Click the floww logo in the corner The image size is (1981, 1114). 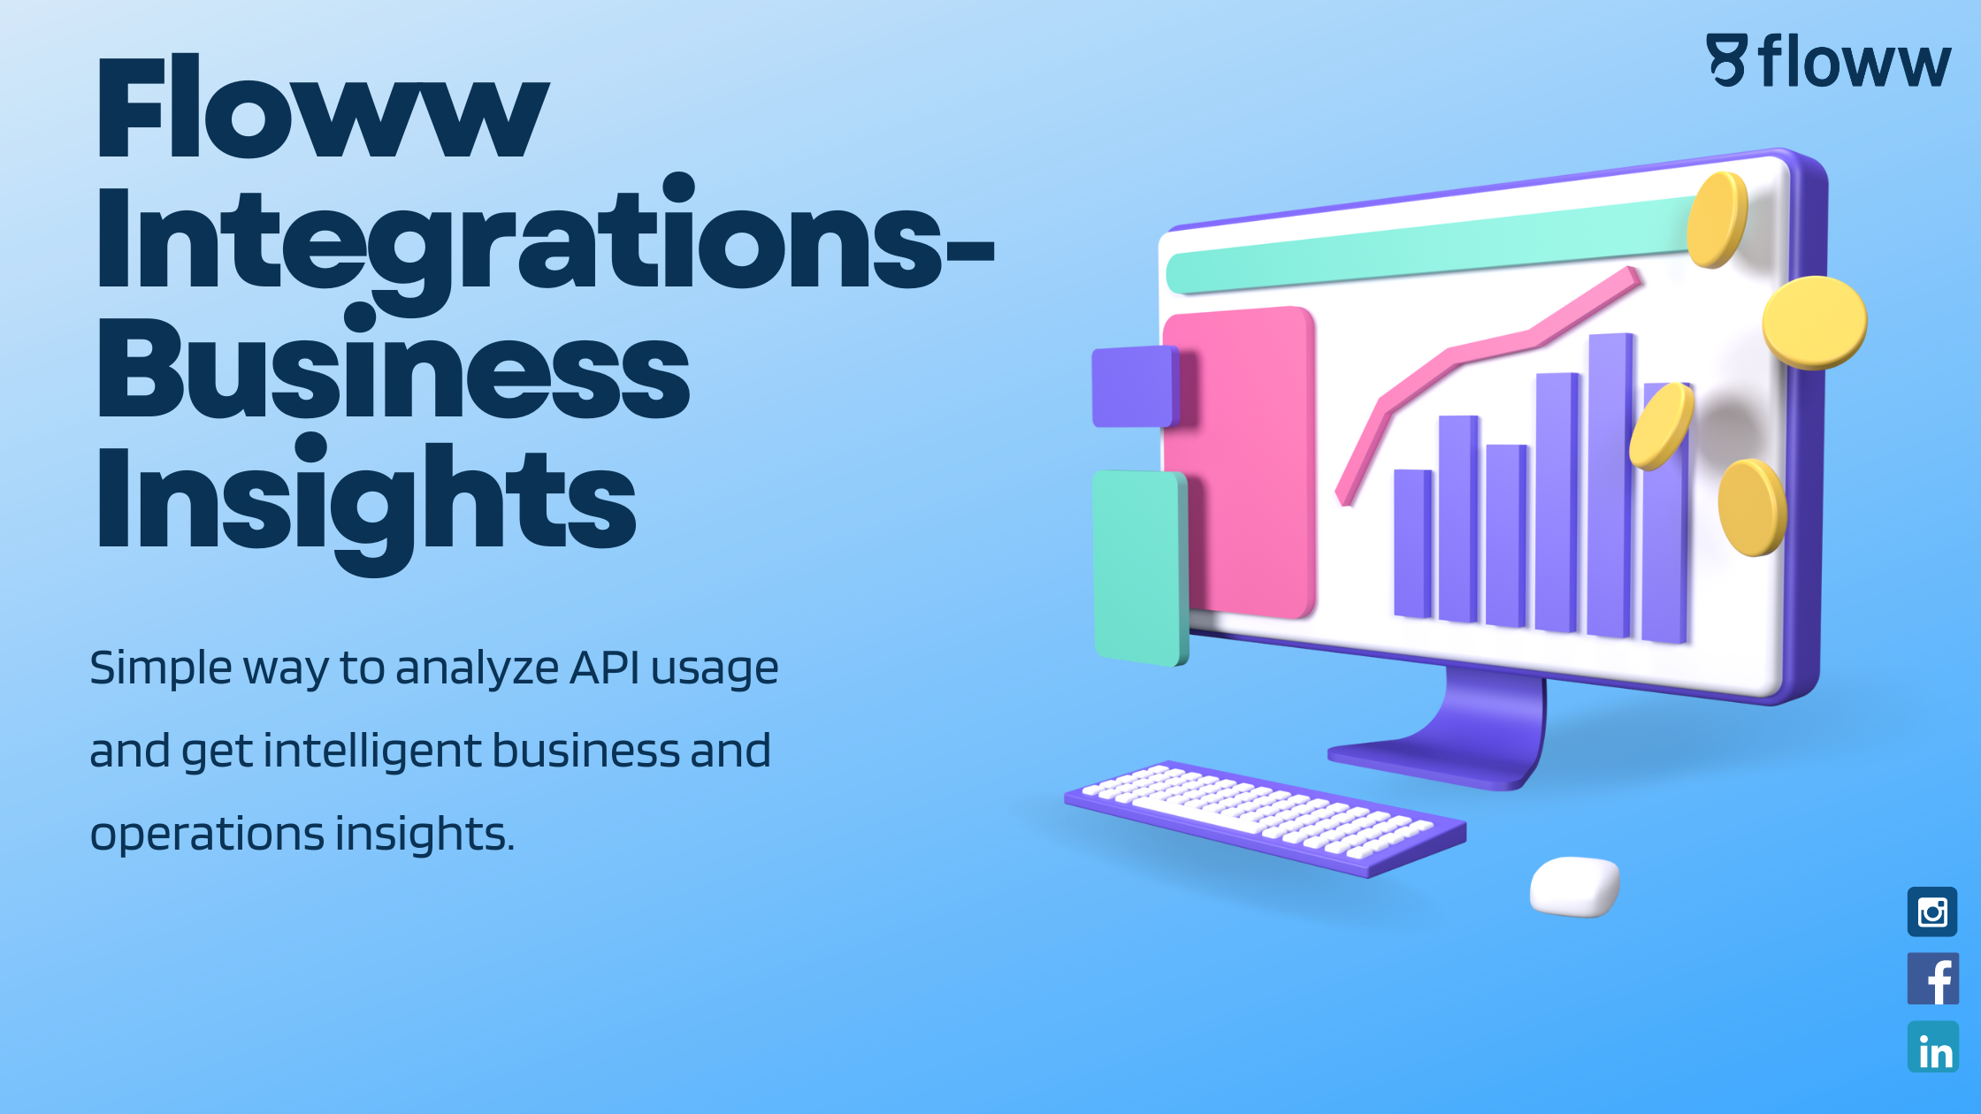point(1829,60)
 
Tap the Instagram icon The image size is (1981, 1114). point(1932,912)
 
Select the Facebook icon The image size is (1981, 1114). point(1933,979)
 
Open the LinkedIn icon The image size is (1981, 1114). point(1933,1047)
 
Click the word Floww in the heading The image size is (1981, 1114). point(323,107)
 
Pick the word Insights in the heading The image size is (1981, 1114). point(366,502)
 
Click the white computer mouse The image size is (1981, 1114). point(1575,886)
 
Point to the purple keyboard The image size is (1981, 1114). point(1266,819)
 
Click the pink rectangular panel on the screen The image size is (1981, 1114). point(1240,462)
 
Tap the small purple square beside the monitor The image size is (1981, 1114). point(1136,386)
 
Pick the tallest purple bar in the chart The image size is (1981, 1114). point(1610,485)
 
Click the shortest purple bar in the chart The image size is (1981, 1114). point(1413,543)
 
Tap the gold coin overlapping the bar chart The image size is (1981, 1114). point(1662,426)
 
